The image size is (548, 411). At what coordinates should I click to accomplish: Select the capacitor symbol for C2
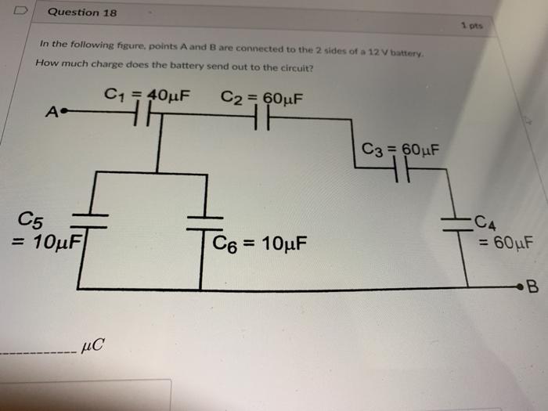pos(261,119)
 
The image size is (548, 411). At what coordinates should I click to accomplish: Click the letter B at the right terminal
pos(532,287)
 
